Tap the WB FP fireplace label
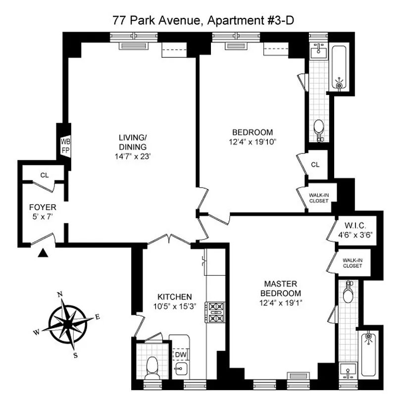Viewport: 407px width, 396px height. point(65,146)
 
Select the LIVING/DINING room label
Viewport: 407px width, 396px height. point(132,142)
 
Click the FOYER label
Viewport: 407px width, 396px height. point(43,207)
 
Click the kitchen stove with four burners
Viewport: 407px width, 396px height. point(215,312)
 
